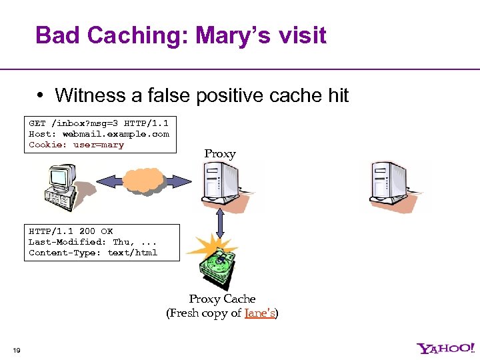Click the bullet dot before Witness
(x=41, y=95)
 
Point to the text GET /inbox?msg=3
(x=74, y=123)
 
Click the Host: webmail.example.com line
(x=99, y=134)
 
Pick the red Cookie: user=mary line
(x=76, y=145)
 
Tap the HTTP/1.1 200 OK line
(x=70, y=231)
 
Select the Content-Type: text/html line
(x=93, y=253)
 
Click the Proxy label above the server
(x=220, y=154)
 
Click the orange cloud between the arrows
(x=143, y=181)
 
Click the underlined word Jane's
(x=260, y=313)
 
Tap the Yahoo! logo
(x=446, y=348)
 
